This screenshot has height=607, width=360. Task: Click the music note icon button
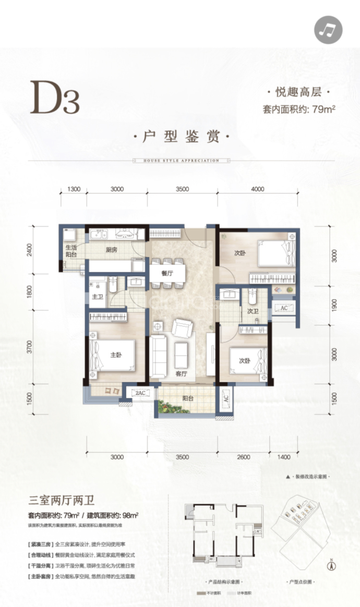pos(328,29)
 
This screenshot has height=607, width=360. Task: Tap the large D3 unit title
pos(55,98)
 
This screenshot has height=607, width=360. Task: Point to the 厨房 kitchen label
pos(111,250)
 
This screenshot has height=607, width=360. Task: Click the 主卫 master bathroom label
pos(98,297)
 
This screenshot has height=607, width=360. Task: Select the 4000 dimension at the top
pos(258,189)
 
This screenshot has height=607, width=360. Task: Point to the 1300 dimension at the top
pos(74,189)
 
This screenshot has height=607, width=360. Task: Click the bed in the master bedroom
pos(112,356)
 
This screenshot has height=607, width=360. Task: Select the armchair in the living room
pos(182,328)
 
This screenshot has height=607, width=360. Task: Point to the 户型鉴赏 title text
pos(181,138)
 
